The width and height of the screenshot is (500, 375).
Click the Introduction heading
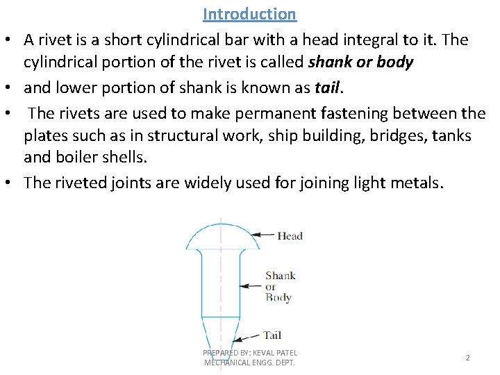tap(249, 14)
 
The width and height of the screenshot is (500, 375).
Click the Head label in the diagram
tap(290, 235)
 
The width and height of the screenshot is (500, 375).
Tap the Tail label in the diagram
tap(272, 335)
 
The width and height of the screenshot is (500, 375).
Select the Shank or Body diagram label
tap(279, 286)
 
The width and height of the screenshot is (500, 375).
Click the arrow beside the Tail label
tap(249, 335)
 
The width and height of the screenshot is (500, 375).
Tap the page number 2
tap(467, 358)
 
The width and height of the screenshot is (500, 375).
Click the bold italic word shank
tap(329, 62)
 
